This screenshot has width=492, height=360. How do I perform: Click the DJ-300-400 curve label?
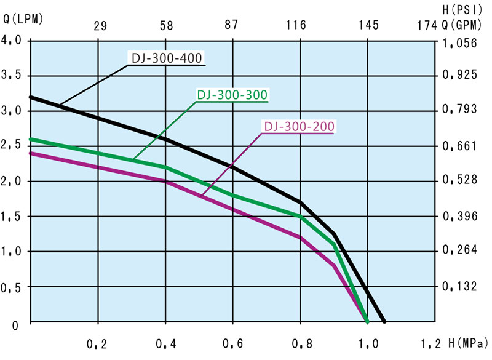pos(167,58)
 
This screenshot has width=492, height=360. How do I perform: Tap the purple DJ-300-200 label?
pos(299,127)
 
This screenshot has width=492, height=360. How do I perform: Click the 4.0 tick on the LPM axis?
pos(12,41)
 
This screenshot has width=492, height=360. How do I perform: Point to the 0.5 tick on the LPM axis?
pos(12,287)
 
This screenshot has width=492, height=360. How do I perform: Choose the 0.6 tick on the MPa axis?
pos(232,343)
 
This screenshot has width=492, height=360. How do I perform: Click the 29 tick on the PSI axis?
pos(100,25)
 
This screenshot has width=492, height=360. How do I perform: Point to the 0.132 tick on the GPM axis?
pos(458,286)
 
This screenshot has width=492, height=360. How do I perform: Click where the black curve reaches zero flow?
pos(384,321)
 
